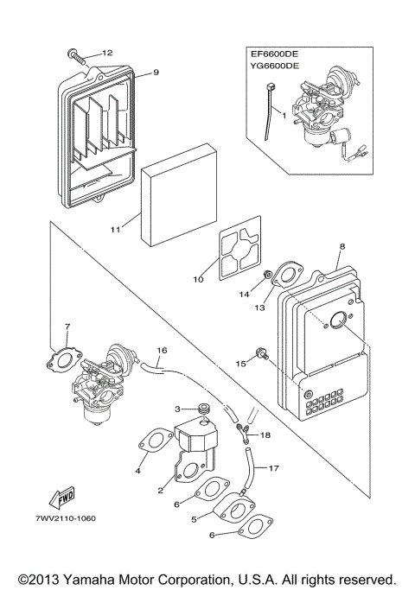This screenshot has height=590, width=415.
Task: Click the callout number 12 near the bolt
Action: click(x=108, y=53)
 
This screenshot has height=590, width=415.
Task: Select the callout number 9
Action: click(x=156, y=73)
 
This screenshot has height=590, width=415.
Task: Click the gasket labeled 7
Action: click(x=65, y=354)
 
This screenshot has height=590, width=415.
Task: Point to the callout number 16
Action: click(x=161, y=351)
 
